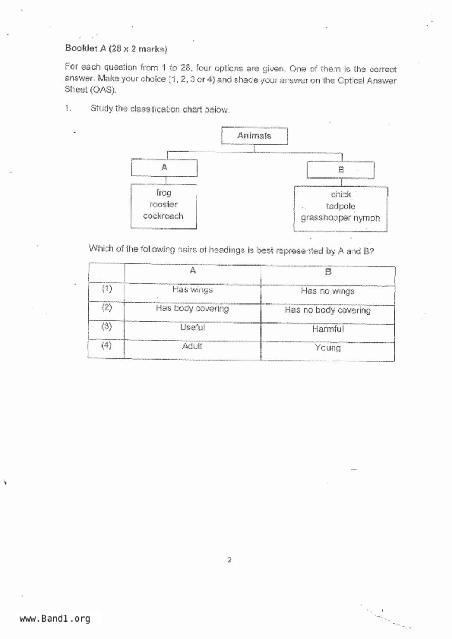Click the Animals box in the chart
254,136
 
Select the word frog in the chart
164,193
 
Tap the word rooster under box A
164,204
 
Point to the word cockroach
163,216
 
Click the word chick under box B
341,195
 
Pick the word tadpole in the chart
340,206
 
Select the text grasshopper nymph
340,218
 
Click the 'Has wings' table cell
193,290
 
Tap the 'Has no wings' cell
328,291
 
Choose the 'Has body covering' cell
192,309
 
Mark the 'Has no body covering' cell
328,310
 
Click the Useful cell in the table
192,328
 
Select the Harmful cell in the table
328,329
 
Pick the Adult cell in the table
192,346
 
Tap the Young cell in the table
328,348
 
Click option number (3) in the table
107,326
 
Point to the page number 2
229,560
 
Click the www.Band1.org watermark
55,619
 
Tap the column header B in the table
328,272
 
